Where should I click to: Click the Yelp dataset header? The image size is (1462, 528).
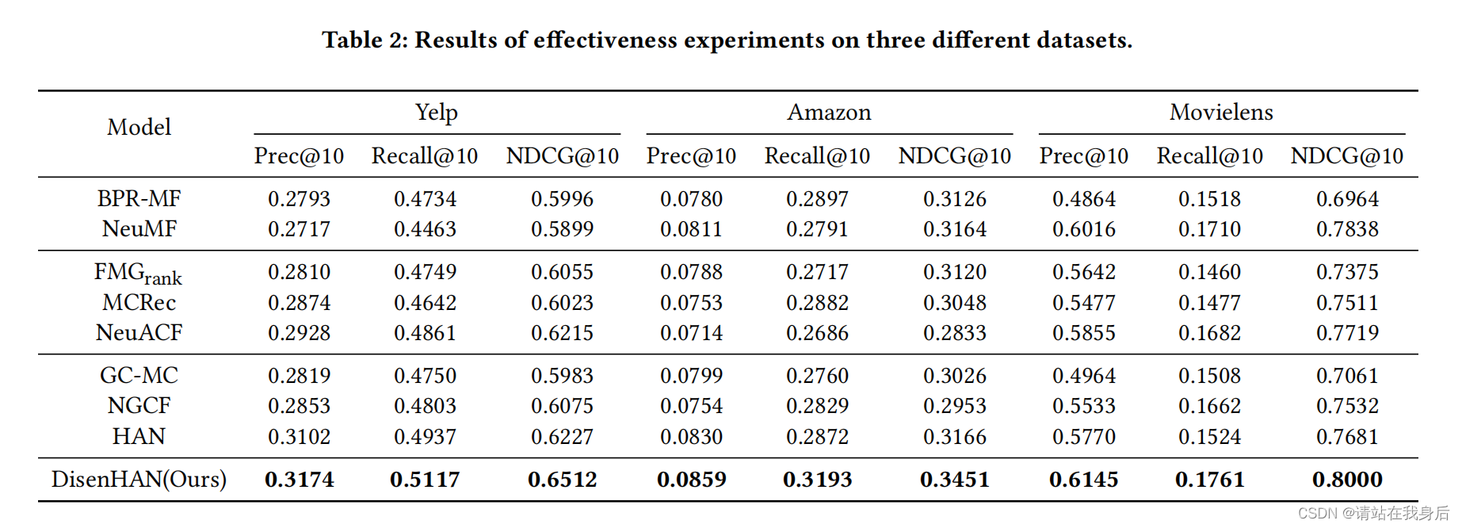[x=436, y=113]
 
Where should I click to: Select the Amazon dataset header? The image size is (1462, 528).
[x=829, y=113]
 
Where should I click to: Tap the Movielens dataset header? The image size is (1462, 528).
[x=1221, y=113]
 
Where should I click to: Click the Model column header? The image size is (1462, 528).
[x=139, y=127]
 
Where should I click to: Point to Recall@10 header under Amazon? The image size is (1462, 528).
[x=817, y=156]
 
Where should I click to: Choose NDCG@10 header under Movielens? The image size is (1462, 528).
[x=1346, y=156]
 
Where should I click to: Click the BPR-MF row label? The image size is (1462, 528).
[x=139, y=198]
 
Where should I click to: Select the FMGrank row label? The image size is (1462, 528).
[x=139, y=274]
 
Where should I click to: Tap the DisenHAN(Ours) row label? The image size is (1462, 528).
[x=139, y=480]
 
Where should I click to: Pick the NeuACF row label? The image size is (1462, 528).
[x=139, y=333]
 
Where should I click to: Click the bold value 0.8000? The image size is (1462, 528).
[x=1347, y=480]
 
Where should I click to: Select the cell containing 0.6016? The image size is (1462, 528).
[x=1083, y=229]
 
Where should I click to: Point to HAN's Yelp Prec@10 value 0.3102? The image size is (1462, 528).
[x=299, y=437]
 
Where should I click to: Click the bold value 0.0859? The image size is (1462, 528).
[x=691, y=480]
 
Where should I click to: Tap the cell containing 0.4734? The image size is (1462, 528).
[x=425, y=199]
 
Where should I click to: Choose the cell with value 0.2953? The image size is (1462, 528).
[x=954, y=406]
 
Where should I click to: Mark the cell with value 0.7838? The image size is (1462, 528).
[x=1347, y=229]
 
